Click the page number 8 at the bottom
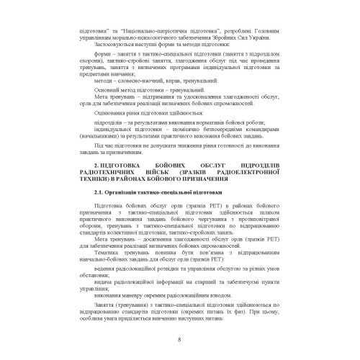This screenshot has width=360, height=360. (x=179, y=341)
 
